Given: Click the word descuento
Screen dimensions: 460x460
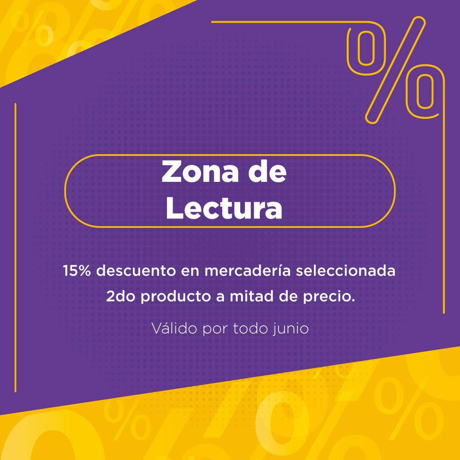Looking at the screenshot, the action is pyautogui.click(x=136, y=270).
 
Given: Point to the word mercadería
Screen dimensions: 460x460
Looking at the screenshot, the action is pyautogui.click(x=247, y=270).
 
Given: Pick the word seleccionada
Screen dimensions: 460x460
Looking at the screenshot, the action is pyautogui.click(x=345, y=270).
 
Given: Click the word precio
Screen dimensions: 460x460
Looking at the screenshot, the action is pyautogui.click(x=329, y=297).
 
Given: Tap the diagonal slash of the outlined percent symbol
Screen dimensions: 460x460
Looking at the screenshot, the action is pyautogui.click(x=395, y=70).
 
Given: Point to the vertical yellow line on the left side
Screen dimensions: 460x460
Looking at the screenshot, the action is pyautogui.click(x=15, y=247).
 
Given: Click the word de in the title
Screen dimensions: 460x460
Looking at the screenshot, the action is pyautogui.click(x=267, y=172).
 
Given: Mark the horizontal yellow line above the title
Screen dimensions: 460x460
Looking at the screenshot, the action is pyautogui.click(x=289, y=22).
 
